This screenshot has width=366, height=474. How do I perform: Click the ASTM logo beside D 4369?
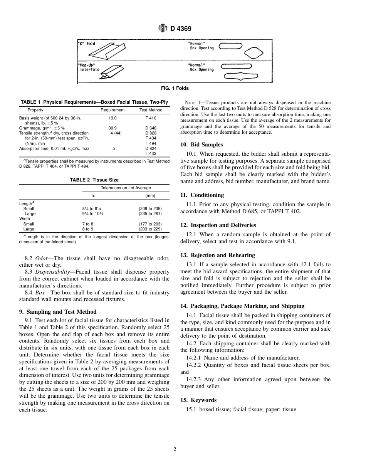(x=163, y=28)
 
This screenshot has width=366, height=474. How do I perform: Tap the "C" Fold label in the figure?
(x=87, y=44)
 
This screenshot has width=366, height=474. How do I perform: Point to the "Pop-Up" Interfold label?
(x=88, y=67)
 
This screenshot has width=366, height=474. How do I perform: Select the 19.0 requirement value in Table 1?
(x=112, y=118)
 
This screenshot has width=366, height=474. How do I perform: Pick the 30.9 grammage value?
(x=112, y=128)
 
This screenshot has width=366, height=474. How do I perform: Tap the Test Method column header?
(x=151, y=110)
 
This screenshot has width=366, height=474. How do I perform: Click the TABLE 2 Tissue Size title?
(x=94, y=180)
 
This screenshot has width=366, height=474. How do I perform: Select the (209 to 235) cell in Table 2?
(x=150, y=208)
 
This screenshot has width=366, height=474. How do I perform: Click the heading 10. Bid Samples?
(x=201, y=145)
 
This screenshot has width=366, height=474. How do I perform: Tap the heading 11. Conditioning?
(x=202, y=195)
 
